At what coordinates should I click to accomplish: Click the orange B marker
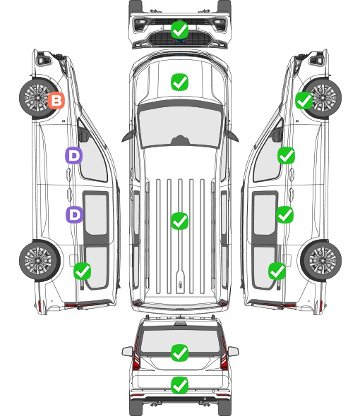(x=56, y=100)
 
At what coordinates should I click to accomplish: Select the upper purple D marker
(x=74, y=155)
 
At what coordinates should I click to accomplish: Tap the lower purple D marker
(x=74, y=214)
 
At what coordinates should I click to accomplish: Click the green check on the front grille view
(x=179, y=30)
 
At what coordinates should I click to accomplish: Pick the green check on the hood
(x=179, y=82)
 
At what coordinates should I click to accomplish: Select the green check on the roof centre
(x=179, y=221)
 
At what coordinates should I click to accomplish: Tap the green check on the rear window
(x=179, y=353)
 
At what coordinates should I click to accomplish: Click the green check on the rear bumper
(x=179, y=385)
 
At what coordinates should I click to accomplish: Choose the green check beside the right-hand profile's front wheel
(x=304, y=100)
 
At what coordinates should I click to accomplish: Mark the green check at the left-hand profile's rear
(x=82, y=271)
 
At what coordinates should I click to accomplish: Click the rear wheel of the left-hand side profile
(x=40, y=261)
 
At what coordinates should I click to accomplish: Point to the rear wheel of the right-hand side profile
(x=321, y=261)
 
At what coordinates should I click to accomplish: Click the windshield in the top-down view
(x=180, y=125)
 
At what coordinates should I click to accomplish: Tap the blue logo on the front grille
(x=180, y=41)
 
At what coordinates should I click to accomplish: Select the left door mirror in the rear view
(x=127, y=351)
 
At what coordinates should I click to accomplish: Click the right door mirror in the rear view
(x=233, y=351)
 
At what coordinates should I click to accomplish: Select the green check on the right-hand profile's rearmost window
(x=277, y=271)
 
